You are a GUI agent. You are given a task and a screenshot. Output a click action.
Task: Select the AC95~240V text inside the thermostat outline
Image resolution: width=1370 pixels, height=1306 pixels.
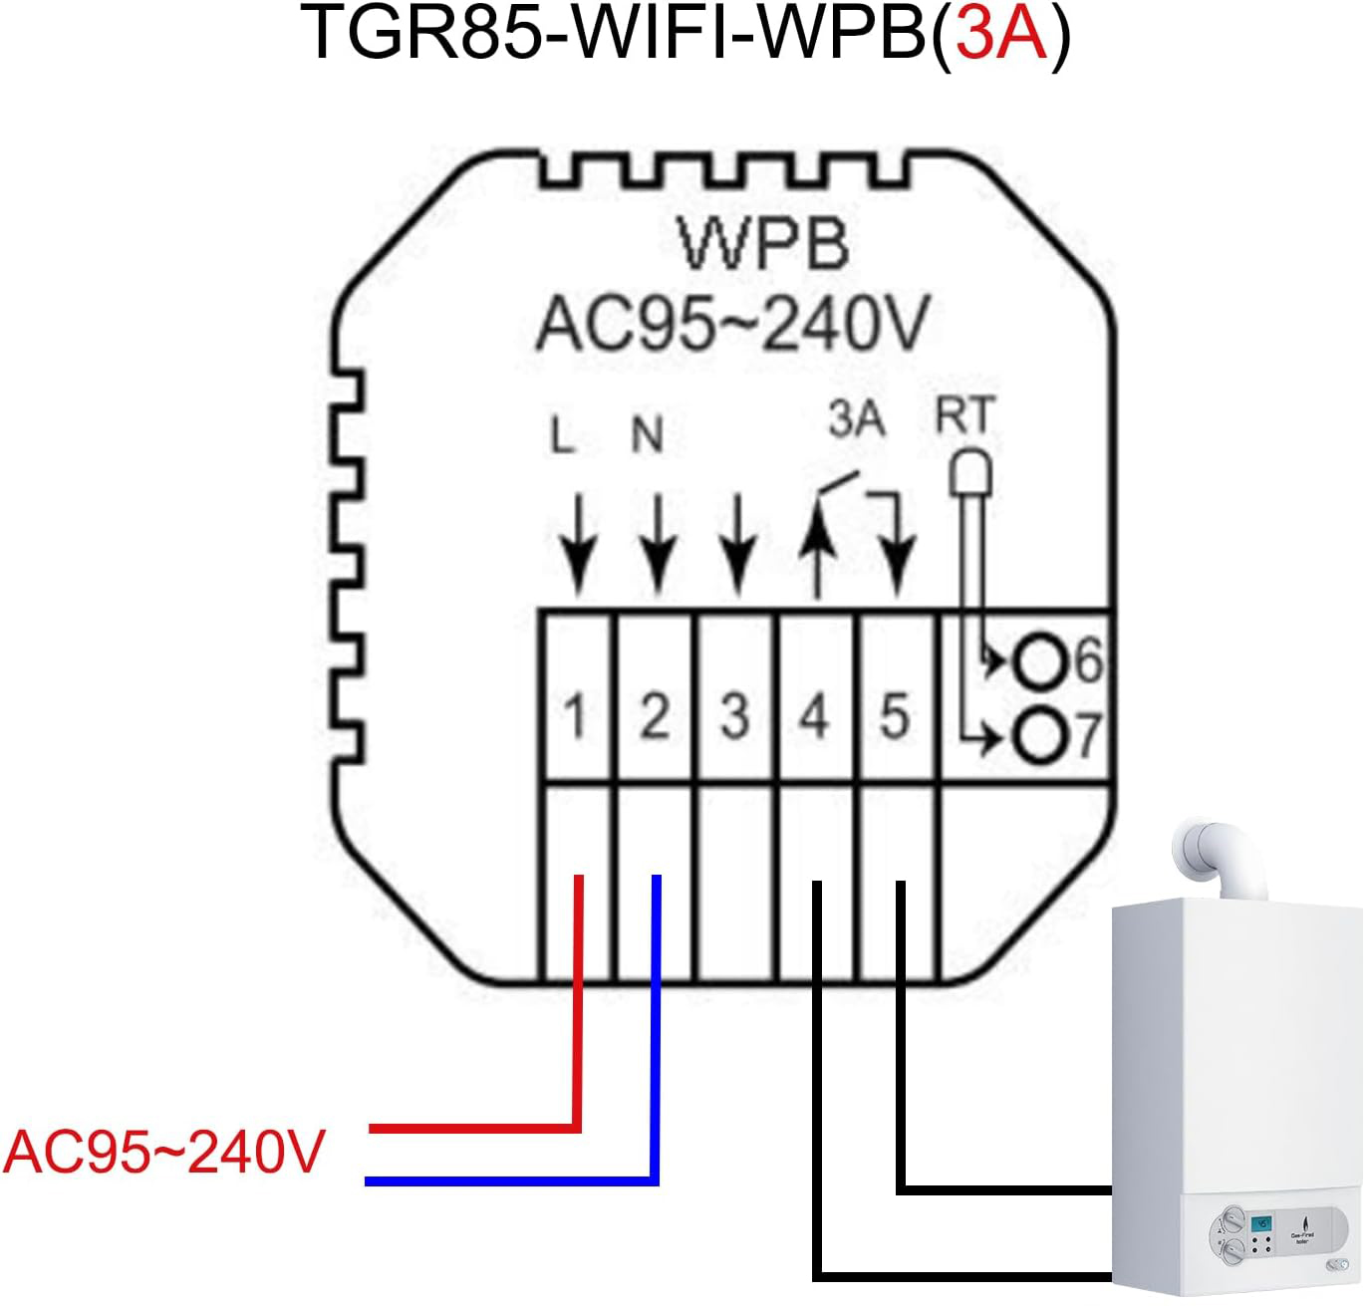point(732,324)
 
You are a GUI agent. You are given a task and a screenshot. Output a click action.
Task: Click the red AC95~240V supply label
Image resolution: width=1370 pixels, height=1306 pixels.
point(164,1153)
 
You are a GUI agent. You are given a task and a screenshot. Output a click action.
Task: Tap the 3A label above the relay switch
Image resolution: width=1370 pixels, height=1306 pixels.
point(857,419)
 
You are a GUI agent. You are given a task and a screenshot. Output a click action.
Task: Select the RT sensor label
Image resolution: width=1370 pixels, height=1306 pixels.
point(964,414)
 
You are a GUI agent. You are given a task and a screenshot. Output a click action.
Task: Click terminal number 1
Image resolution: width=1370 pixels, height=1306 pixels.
point(575,716)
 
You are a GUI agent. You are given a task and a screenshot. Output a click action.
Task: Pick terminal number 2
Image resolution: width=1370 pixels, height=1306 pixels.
point(654,716)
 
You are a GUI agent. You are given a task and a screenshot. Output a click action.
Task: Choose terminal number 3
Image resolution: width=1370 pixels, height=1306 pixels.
point(734,716)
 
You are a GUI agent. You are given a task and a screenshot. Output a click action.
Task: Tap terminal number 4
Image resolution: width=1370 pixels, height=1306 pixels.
point(815,716)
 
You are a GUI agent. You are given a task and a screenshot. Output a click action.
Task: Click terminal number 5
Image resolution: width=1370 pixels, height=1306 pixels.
point(895,716)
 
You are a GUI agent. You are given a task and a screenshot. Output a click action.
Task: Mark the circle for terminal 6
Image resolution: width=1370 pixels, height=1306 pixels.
point(1038,661)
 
